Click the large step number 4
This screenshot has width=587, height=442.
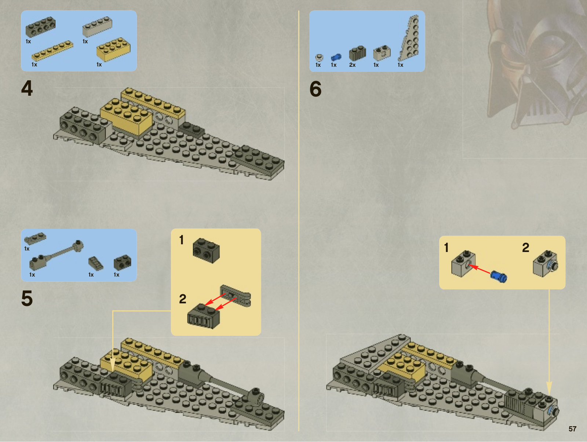click(x=27, y=88)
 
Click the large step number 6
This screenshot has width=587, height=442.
click(x=315, y=89)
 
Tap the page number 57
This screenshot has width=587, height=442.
click(x=572, y=429)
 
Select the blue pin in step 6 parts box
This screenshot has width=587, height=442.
click(x=336, y=57)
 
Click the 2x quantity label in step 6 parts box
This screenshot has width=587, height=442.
click(x=352, y=65)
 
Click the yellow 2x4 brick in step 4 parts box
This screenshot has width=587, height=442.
click(x=113, y=50)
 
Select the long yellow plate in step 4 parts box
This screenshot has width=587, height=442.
click(x=52, y=51)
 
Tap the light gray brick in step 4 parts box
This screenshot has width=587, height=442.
click(x=97, y=26)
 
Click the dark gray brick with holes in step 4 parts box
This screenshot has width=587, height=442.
click(x=40, y=27)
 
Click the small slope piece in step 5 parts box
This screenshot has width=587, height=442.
click(x=96, y=263)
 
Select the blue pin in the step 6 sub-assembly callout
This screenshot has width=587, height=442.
click(x=499, y=277)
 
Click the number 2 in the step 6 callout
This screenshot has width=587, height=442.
click(x=525, y=248)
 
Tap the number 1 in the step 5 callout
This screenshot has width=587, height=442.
click(x=182, y=240)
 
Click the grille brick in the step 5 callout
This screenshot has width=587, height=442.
click(x=204, y=316)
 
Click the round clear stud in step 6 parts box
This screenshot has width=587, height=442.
click(x=319, y=58)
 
